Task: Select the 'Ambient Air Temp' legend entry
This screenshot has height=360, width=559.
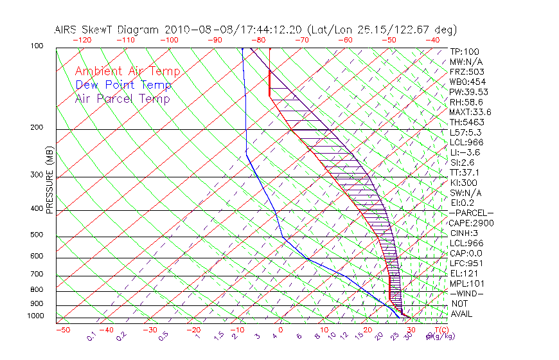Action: point(127,71)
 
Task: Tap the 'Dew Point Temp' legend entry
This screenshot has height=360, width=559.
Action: point(123,85)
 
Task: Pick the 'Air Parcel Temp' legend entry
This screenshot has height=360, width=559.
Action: point(123,98)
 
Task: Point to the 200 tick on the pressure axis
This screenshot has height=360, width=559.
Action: point(36,127)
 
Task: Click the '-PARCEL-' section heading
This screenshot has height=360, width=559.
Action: point(470,213)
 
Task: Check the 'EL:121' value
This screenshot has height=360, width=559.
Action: point(464,273)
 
